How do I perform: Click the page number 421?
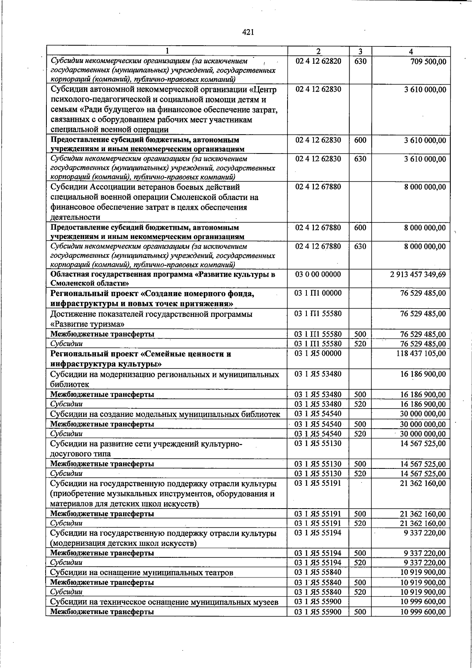(248, 32)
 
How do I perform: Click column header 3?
(360, 52)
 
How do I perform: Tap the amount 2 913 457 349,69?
(418, 274)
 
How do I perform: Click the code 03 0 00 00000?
(318, 274)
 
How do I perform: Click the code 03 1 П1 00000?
(318, 293)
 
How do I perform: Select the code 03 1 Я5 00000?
(318, 353)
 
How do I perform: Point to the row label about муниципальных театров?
(142, 573)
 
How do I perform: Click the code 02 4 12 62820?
(318, 61)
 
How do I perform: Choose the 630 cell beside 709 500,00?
(360, 61)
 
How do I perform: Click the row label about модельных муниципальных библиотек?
(165, 414)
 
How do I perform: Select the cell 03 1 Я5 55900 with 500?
(318, 612)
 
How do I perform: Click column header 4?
(411, 52)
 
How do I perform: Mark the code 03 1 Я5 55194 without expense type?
(318, 533)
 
